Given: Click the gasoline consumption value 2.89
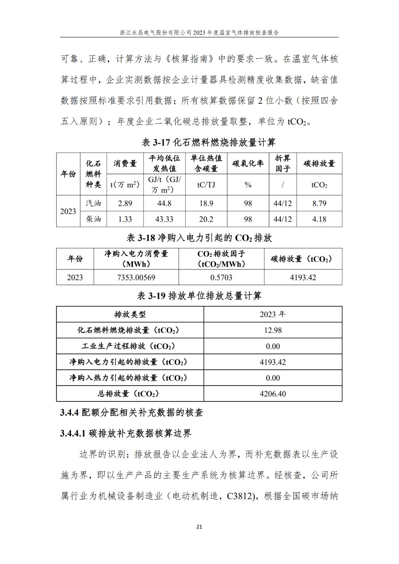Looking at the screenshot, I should click(x=125, y=203).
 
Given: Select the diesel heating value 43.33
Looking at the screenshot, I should click(x=164, y=219).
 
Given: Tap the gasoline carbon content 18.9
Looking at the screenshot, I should click(x=206, y=203).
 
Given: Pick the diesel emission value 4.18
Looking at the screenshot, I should click(x=319, y=219).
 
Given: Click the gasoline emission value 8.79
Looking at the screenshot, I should click(x=319, y=203).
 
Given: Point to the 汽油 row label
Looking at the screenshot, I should click(x=93, y=203).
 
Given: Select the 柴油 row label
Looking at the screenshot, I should click(x=93, y=219).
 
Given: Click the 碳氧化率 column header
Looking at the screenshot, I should click(x=248, y=164).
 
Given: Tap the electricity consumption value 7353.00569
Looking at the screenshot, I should click(x=136, y=277).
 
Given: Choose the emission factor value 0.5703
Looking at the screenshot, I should click(x=221, y=277).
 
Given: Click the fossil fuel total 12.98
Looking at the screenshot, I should click(x=273, y=330).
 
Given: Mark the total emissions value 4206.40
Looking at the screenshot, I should click(x=273, y=394).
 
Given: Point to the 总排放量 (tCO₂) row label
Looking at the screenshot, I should click(x=130, y=394).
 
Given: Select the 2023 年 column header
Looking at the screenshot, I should click(x=273, y=314).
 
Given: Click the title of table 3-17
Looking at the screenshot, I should click(x=208, y=142).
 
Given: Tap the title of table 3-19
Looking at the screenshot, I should click(x=199, y=296).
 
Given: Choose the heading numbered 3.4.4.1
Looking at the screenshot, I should click(x=126, y=433).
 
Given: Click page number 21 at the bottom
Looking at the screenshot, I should click(x=199, y=527).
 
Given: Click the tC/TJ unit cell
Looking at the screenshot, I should click(x=206, y=185).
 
